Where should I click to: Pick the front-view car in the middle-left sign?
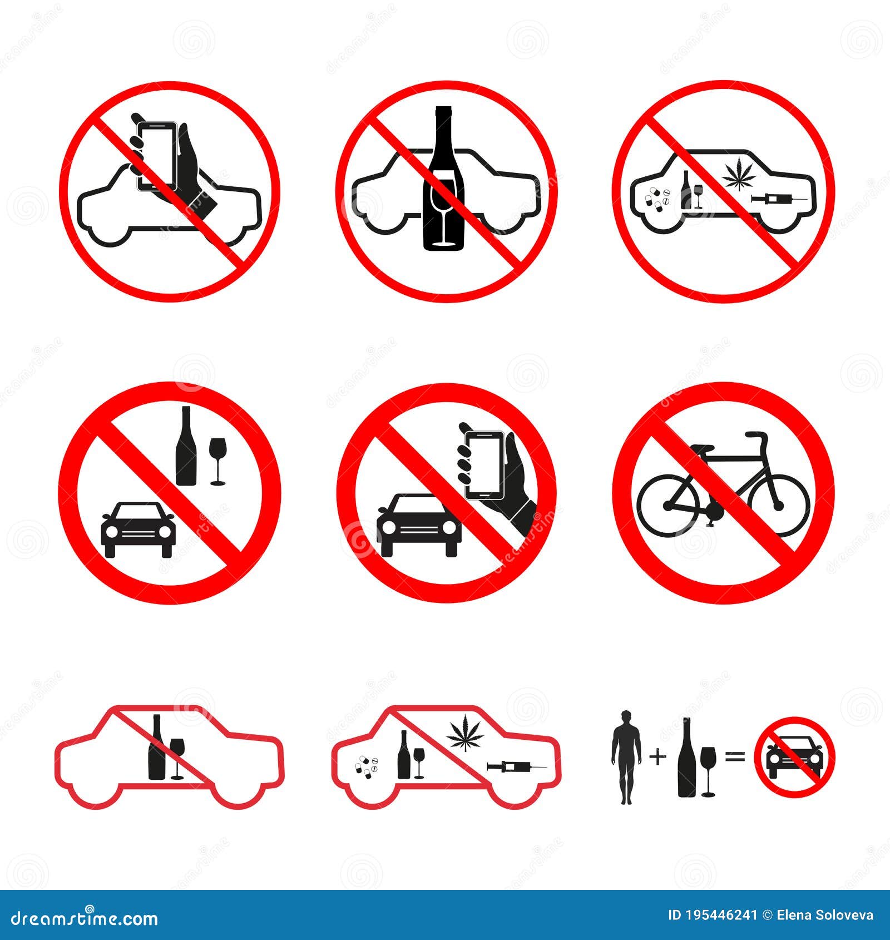[x=138, y=528]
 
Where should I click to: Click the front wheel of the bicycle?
[x=778, y=505]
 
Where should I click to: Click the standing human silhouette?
[x=626, y=757]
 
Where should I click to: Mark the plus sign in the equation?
[x=657, y=757]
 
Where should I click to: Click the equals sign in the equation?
[x=734, y=757]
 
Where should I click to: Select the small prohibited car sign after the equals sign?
[x=794, y=757]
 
